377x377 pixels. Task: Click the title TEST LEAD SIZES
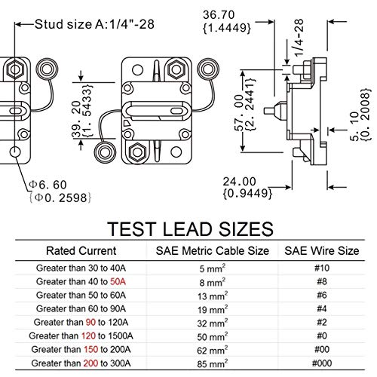coord(191,228)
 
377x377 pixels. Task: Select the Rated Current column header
coord(81,251)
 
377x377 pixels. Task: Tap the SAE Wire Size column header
coord(322,251)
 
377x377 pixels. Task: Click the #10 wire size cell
coord(322,268)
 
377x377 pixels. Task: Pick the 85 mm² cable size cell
coord(213,363)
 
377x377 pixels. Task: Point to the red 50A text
coord(118,281)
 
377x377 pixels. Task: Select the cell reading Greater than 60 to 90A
coord(81,308)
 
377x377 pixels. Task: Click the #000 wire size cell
coord(322,363)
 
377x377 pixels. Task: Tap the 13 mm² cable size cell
coord(213,296)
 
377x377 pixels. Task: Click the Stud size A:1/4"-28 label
coord(94,24)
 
